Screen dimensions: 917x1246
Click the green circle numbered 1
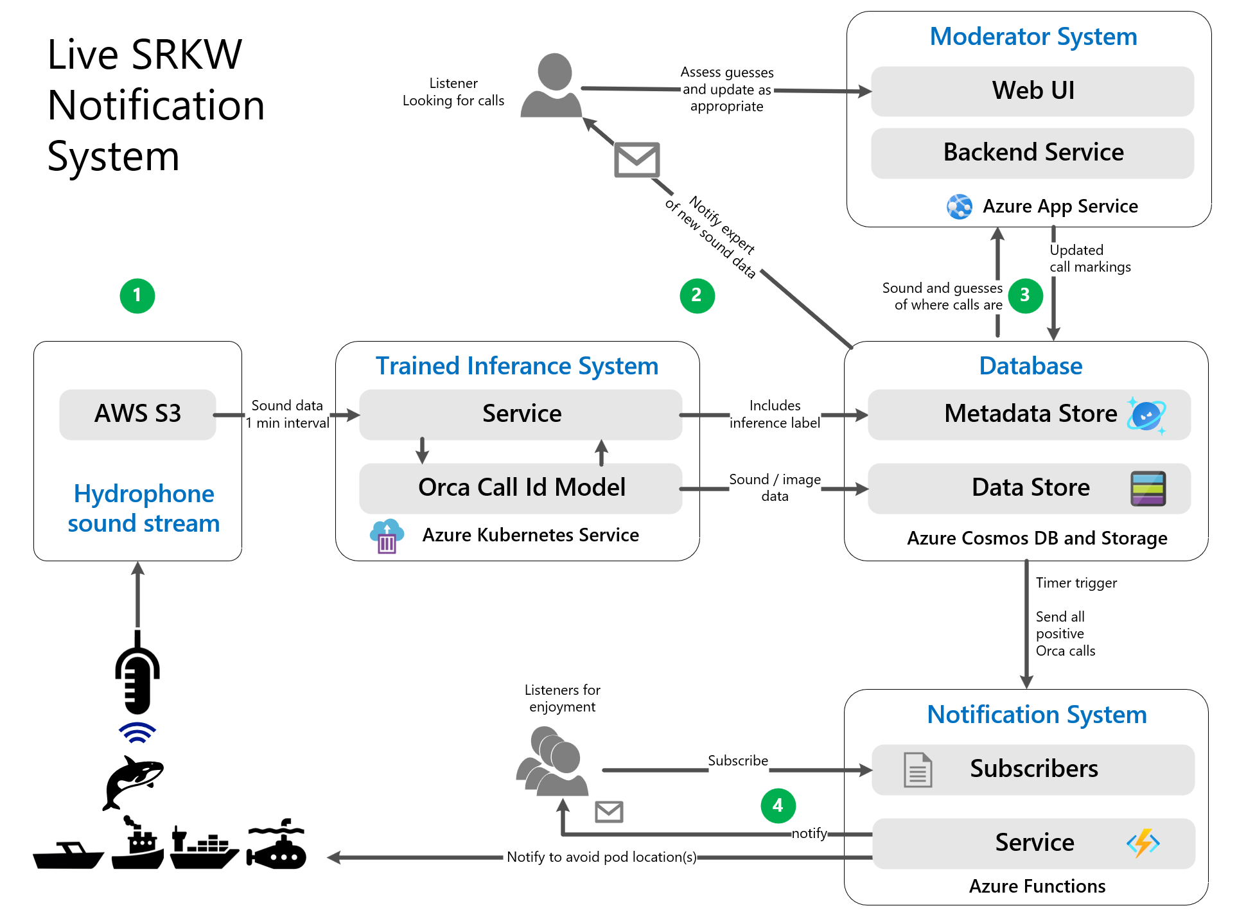(x=137, y=295)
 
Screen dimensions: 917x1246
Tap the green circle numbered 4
(x=778, y=805)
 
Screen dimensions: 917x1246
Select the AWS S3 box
(x=137, y=414)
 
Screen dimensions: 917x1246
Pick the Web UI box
(x=1032, y=91)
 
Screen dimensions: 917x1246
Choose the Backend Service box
(x=1032, y=153)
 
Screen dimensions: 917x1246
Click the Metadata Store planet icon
(x=1146, y=415)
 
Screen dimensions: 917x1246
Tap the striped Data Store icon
(x=1148, y=489)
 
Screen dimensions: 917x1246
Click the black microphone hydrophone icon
(x=137, y=674)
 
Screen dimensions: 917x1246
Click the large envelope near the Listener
(x=636, y=160)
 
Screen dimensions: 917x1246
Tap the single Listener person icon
(x=552, y=85)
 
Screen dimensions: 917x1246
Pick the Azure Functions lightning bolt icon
(x=1143, y=843)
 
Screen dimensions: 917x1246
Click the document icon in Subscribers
(x=918, y=770)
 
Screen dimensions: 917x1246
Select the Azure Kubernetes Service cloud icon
(x=387, y=536)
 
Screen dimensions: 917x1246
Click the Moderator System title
(x=1033, y=37)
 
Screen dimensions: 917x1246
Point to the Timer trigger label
(x=1076, y=583)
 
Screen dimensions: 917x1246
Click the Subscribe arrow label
(x=737, y=760)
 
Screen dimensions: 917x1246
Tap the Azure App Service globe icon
(x=960, y=207)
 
